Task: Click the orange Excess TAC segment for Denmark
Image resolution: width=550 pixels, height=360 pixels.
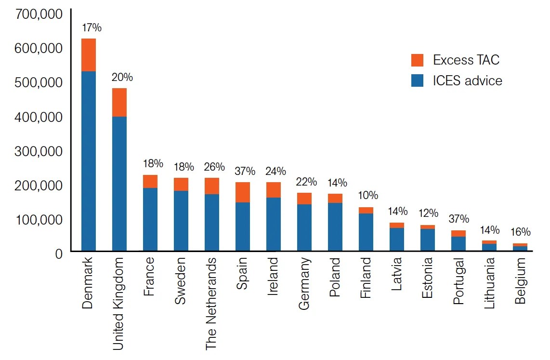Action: point(89,55)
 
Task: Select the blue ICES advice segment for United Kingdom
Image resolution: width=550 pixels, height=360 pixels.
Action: point(119,183)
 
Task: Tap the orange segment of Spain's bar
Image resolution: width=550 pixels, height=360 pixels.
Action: point(243,192)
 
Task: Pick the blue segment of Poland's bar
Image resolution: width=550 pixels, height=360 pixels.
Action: point(335,227)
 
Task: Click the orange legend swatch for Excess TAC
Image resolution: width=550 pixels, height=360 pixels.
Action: point(417,60)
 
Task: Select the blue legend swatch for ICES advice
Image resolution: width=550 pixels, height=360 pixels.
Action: point(417,80)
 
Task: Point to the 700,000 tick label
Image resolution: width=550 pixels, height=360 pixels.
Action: point(39,14)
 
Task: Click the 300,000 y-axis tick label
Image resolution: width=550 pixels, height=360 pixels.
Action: point(39,151)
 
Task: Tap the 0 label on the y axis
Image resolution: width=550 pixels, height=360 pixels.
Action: point(59,254)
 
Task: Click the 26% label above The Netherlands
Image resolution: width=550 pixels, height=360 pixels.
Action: point(214,167)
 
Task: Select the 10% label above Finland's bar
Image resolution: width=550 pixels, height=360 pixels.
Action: point(368,196)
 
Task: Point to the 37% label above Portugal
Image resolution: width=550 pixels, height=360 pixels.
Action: point(458,219)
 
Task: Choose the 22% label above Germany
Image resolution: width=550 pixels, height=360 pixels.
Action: point(306,182)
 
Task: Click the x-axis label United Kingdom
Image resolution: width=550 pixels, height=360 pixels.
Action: point(118,303)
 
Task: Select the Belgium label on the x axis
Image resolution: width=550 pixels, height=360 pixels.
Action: point(520,281)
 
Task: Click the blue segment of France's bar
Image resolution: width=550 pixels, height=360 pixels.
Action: point(150,219)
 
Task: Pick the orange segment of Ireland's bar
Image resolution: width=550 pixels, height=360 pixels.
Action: point(274,190)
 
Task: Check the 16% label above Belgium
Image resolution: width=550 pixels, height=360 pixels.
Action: point(520,232)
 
